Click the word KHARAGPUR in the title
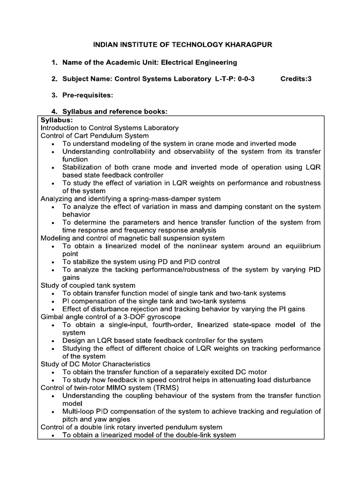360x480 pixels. (x=247, y=45)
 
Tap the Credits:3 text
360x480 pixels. (x=296, y=79)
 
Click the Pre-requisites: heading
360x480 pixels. (x=89, y=95)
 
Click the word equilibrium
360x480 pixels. (x=299, y=246)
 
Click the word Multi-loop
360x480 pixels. (x=80, y=412)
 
